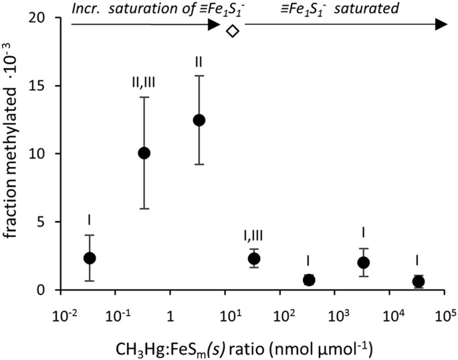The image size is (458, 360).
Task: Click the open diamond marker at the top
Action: click(232, 31)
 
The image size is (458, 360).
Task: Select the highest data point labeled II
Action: click(199, 120)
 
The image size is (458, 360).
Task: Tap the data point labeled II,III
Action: click(144, 153)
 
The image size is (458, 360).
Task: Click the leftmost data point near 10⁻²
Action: click(90, 258)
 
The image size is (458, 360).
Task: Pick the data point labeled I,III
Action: click(254, 258)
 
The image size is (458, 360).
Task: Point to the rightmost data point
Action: click(419, 281)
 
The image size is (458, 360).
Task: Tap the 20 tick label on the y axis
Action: click(43, 18)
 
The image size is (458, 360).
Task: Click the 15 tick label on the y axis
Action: click(43, 86)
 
